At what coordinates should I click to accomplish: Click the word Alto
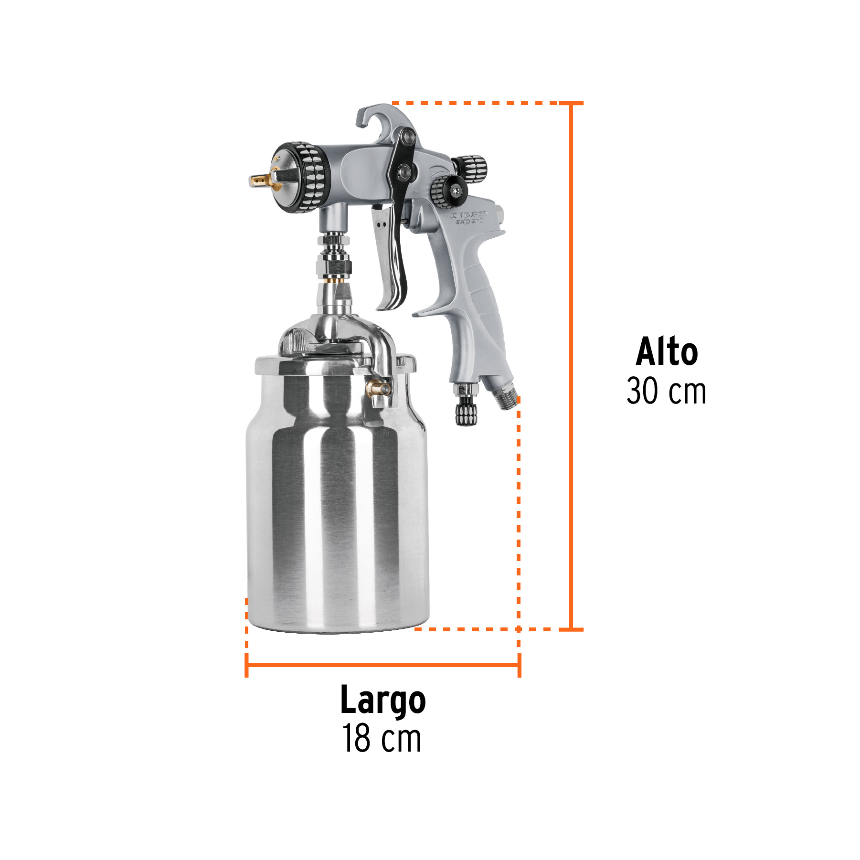667,352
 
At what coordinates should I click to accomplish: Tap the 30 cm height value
666,391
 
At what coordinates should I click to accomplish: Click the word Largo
382,701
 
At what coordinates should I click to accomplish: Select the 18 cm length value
382,739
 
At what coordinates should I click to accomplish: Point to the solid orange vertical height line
571,363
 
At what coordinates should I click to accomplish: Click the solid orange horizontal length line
382,665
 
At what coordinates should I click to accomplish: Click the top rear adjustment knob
471,166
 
